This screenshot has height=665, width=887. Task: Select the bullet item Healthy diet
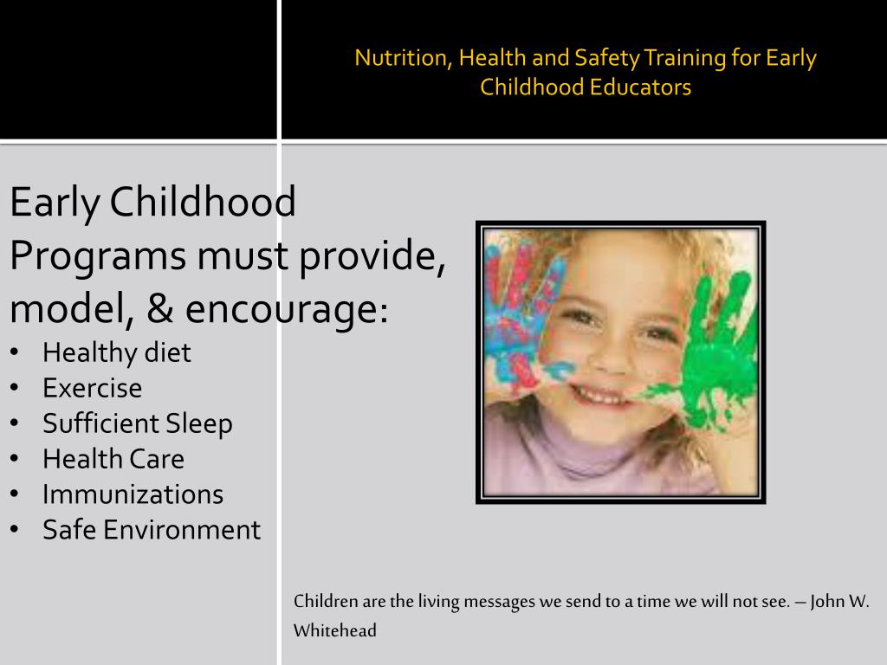point(116,352)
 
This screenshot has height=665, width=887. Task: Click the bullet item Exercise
point(92,388)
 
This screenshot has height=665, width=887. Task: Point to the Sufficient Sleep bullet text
point(138,423)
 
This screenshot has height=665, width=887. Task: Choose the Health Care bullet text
point(113,459)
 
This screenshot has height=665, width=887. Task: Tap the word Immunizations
point(133,494)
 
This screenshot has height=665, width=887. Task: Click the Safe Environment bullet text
point(152,530)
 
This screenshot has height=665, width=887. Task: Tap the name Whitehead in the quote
point(335,630)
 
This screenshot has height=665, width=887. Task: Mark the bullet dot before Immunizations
point(17,494)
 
